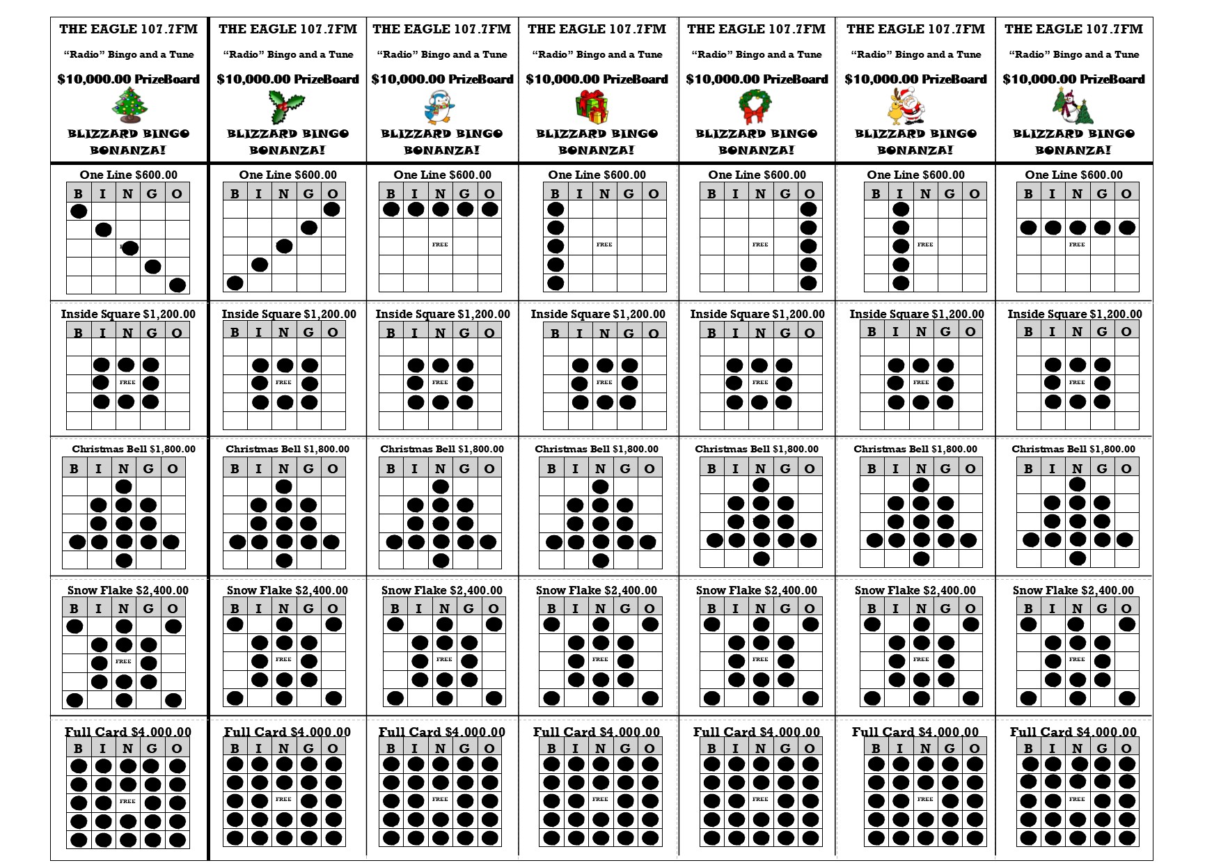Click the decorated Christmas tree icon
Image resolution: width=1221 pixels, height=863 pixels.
130,106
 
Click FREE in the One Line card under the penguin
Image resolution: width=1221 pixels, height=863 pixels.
440,245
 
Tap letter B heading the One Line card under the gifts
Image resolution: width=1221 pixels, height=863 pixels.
555,193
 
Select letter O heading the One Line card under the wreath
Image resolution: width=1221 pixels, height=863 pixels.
809,193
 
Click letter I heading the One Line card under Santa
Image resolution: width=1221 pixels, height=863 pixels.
900,193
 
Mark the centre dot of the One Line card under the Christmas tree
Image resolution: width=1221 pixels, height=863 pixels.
129,248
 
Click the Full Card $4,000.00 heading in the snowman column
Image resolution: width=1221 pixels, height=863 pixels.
1073,731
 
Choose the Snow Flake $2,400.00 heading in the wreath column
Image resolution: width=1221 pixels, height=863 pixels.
756,590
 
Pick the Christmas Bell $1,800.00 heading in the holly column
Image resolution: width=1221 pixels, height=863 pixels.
287,449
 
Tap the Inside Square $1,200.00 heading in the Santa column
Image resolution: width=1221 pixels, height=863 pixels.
916,314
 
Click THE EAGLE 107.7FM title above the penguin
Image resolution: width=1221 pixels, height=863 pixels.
441,29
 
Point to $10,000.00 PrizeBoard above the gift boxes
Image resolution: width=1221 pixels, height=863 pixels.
597,79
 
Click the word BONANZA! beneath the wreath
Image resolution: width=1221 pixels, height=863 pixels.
756,150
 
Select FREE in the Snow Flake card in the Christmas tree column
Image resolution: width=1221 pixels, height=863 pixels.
123,661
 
